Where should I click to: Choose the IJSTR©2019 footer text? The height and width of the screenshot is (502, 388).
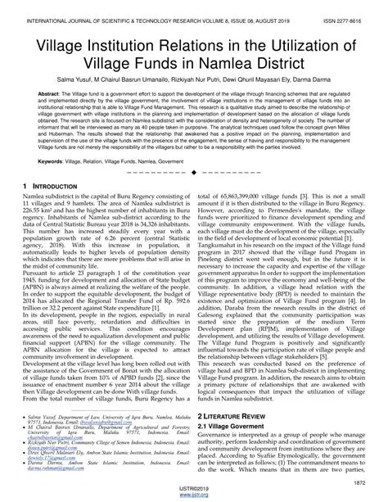point(194,490)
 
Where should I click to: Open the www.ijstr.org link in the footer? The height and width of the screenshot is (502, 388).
point(194,496)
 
